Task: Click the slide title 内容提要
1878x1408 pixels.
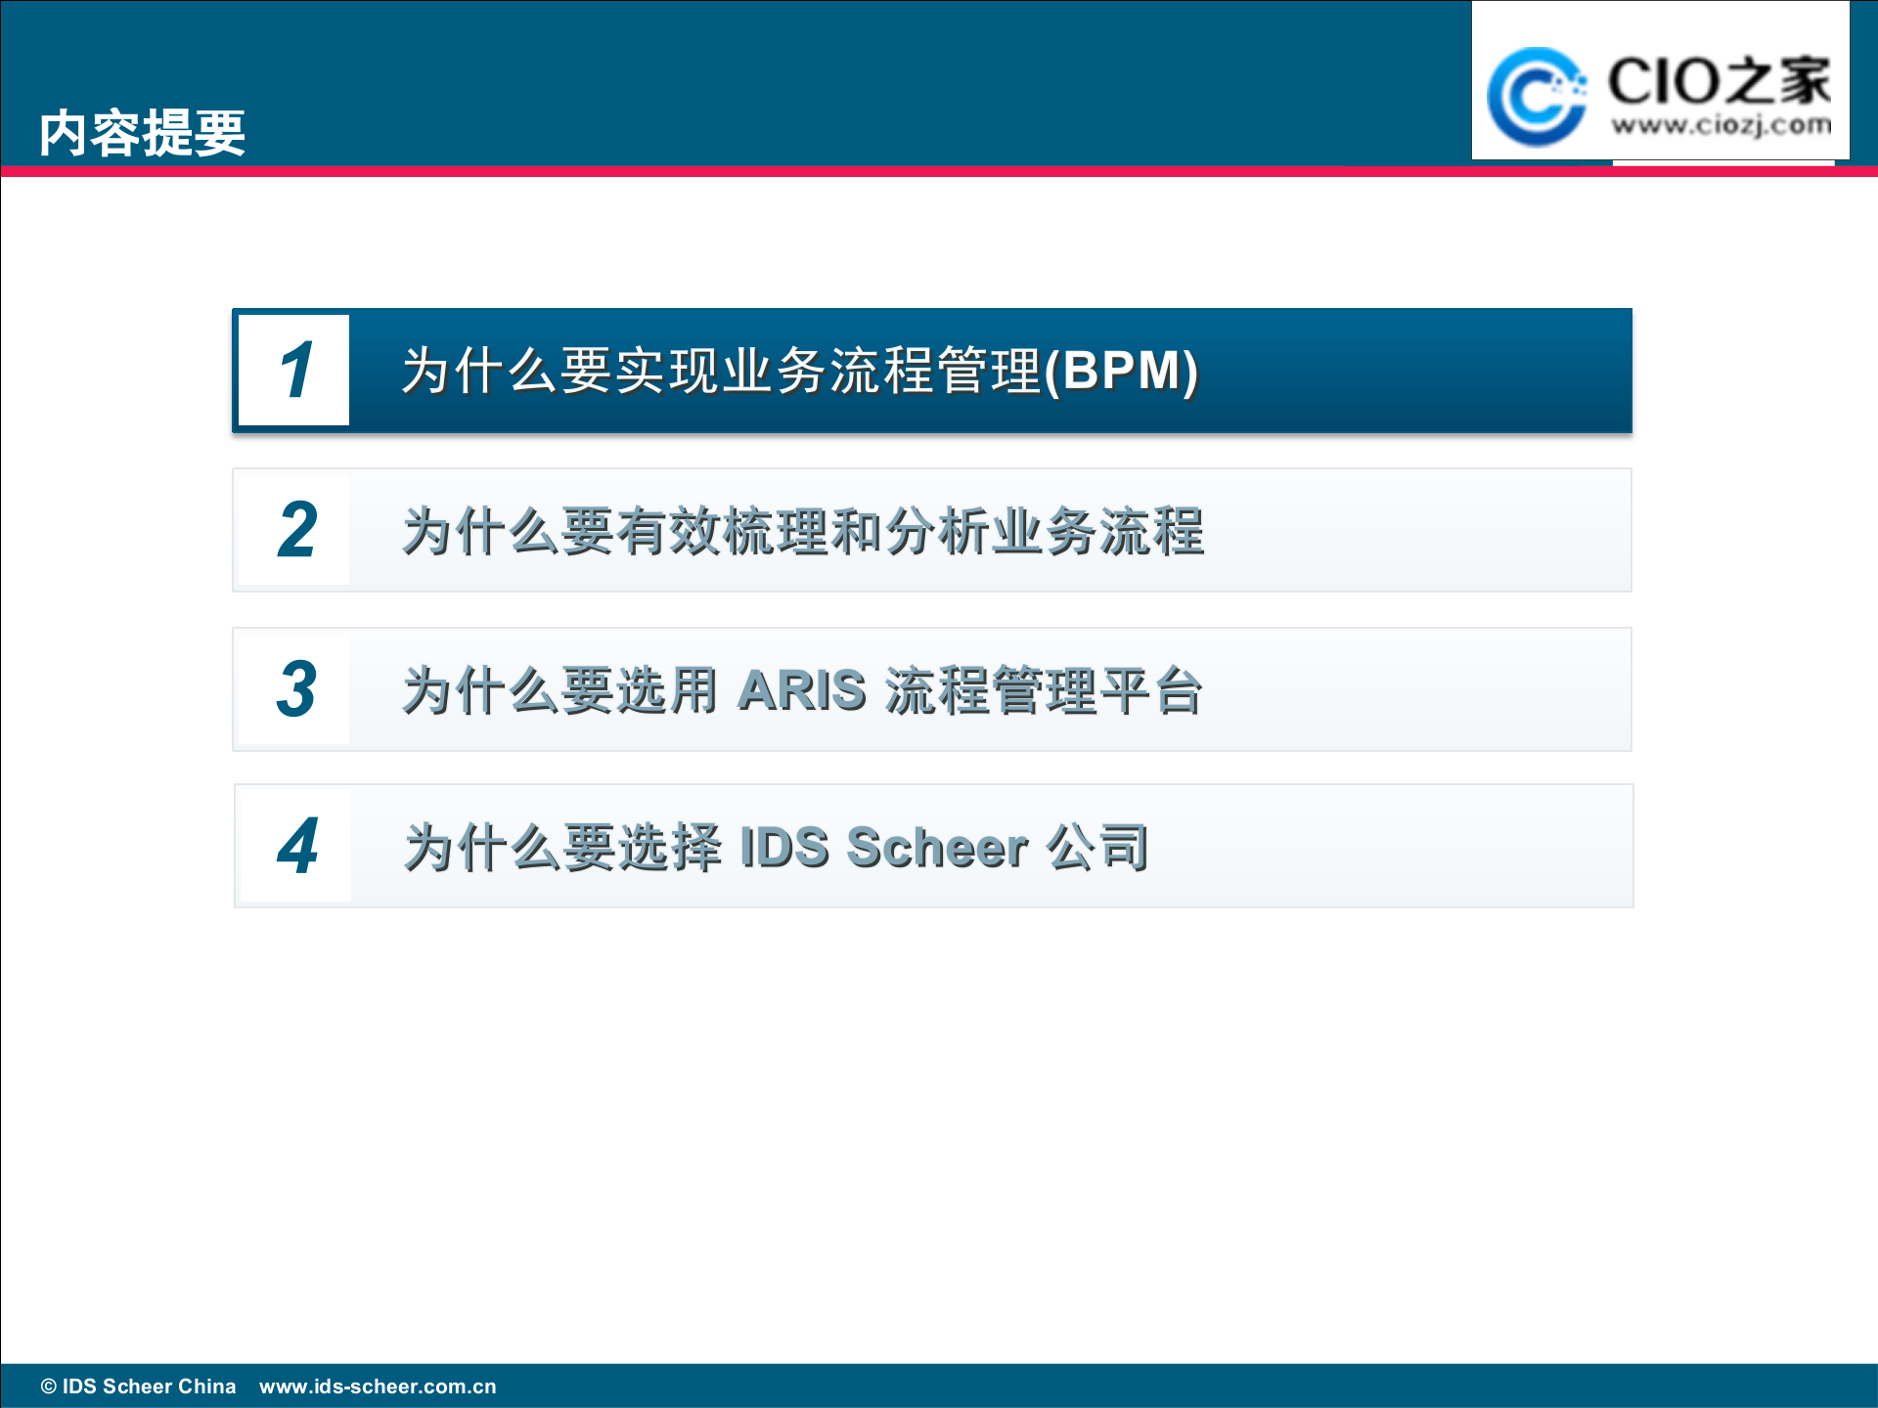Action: [x=142, y=133]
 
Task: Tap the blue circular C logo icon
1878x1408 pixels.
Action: [x=1536, y=96]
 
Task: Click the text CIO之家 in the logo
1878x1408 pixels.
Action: [x=1719, y=80]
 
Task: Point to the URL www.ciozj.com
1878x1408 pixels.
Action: [x=1721, y=125]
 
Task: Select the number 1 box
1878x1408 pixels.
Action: [x=294, y=371]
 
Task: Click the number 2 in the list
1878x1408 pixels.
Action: [x=296, y=531]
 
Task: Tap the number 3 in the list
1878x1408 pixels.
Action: [x=296, y=690]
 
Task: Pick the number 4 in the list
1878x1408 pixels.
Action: [x=297, y=847]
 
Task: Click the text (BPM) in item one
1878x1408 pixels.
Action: [x=1121, y=371]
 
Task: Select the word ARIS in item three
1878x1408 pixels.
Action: [x=802, y=690]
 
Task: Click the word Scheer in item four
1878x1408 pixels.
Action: [x=937, y=847]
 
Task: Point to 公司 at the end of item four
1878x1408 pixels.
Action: [x=1097, y=847]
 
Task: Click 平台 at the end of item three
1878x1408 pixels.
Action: [x=1150, y=690]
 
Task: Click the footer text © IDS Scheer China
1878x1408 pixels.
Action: [x=138, y=1386]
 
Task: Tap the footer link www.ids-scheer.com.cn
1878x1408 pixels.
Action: [x=378, y=1386]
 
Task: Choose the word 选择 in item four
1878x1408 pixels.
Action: [x=671, y=847]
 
